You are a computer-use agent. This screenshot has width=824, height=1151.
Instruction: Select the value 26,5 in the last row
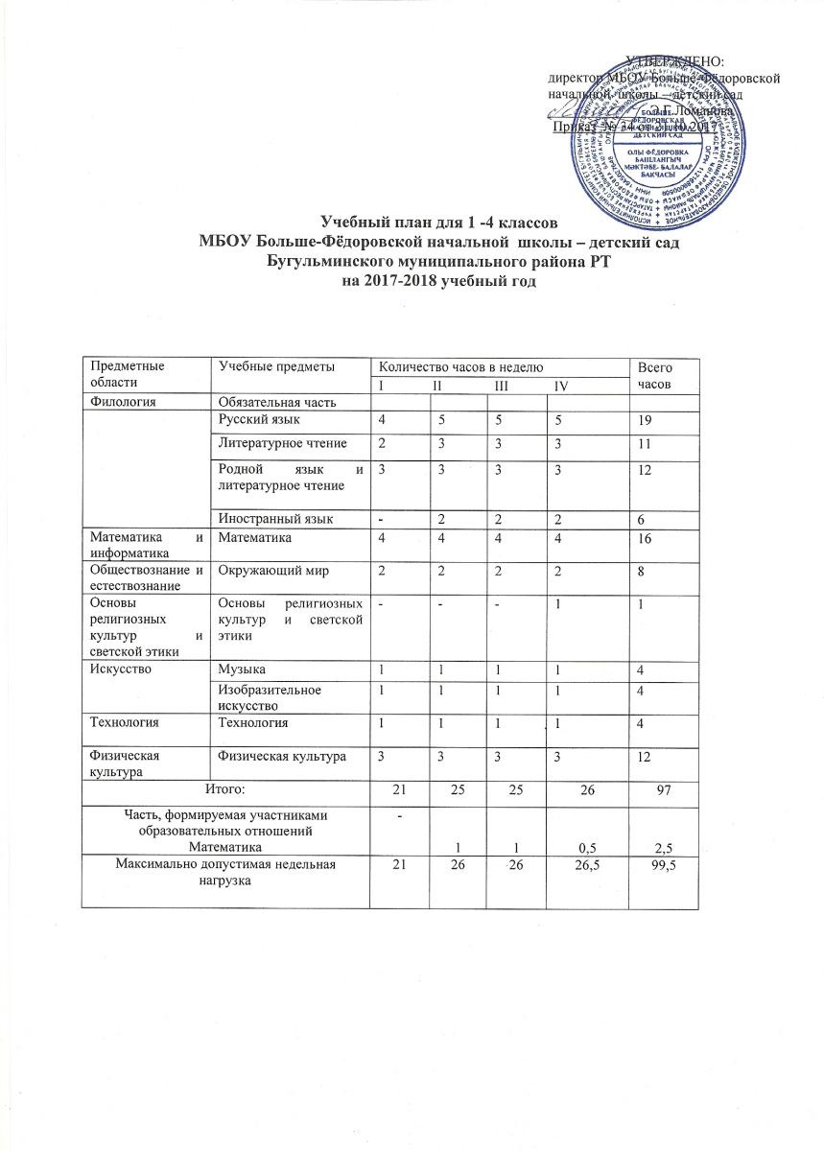(x=573, y=867)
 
